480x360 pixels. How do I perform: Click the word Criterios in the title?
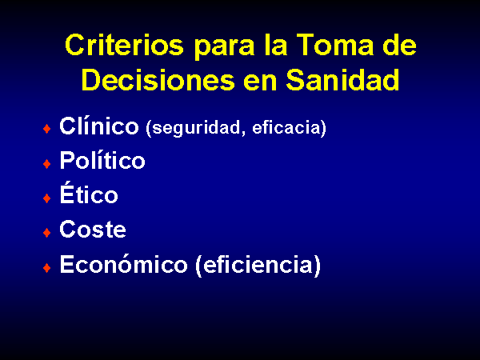point(124,45)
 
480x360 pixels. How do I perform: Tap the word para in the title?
point(224,47)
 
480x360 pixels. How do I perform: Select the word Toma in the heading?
point(335,45)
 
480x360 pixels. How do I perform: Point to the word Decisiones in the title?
point(158,79)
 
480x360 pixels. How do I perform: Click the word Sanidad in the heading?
point(342,79)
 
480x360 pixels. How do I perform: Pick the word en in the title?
point(260,82)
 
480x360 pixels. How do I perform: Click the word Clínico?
point(99,126)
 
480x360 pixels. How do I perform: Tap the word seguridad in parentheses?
point(196,128)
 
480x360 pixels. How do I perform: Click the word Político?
point(102,160)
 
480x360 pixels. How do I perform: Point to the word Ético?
point(89,193)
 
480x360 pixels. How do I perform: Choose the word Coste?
point(93,229)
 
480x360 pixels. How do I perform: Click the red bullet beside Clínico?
point(47,129)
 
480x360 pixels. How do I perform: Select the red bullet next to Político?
point(47,164)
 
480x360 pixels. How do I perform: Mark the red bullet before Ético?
point(47,198)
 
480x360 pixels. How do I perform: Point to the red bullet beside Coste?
point(47,233)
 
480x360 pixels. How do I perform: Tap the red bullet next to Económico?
point(47,268)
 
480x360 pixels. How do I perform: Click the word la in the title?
point(276,45)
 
